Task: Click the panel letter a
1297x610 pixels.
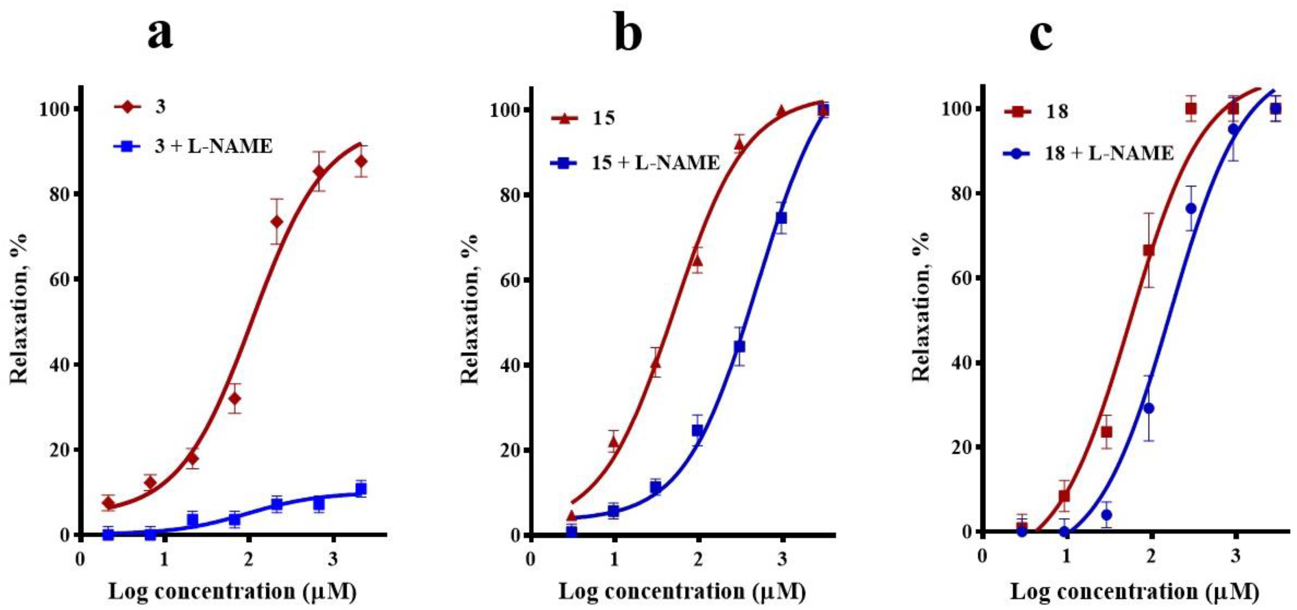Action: coord(160,34)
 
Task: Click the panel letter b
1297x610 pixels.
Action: coord(628,34)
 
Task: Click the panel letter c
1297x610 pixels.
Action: coord(1041,34)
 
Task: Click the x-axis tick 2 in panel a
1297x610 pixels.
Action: coord(247,560)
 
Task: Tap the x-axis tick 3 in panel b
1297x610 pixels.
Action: coord(782,560)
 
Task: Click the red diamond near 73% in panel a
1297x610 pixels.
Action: coord(277,222)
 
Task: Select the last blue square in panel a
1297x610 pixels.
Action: coord(360,489)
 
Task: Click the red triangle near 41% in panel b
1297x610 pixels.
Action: coord(656,362)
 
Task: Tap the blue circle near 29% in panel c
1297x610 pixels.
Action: coord(1149,408)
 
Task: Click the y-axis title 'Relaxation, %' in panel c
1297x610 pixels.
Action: coord(921,307)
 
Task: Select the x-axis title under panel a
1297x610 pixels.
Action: coord(233,592)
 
